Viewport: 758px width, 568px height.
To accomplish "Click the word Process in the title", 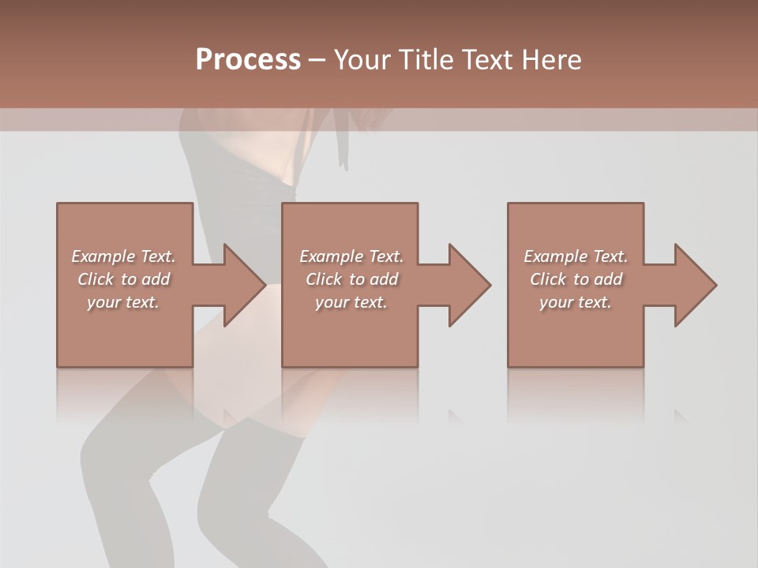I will pos(248,60).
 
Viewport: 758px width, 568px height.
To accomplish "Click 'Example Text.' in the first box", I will pos(123,256).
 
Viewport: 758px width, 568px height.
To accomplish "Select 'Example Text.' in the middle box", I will pos(351,256).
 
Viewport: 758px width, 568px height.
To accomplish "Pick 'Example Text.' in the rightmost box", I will pos(576,256).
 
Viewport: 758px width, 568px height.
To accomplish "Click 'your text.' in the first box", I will pos(123,302).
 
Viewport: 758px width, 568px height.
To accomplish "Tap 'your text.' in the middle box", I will pos(351,302).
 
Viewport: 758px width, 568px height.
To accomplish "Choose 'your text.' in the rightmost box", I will pos(576,302).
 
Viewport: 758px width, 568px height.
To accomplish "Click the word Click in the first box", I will pos(96,279).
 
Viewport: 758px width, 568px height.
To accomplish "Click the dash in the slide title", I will pos(317,60).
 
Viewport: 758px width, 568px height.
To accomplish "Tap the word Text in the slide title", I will pos(484,60).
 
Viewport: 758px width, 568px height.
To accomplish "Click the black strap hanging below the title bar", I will pos(342,142).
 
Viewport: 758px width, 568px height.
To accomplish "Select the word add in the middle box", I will pos(384,279).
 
